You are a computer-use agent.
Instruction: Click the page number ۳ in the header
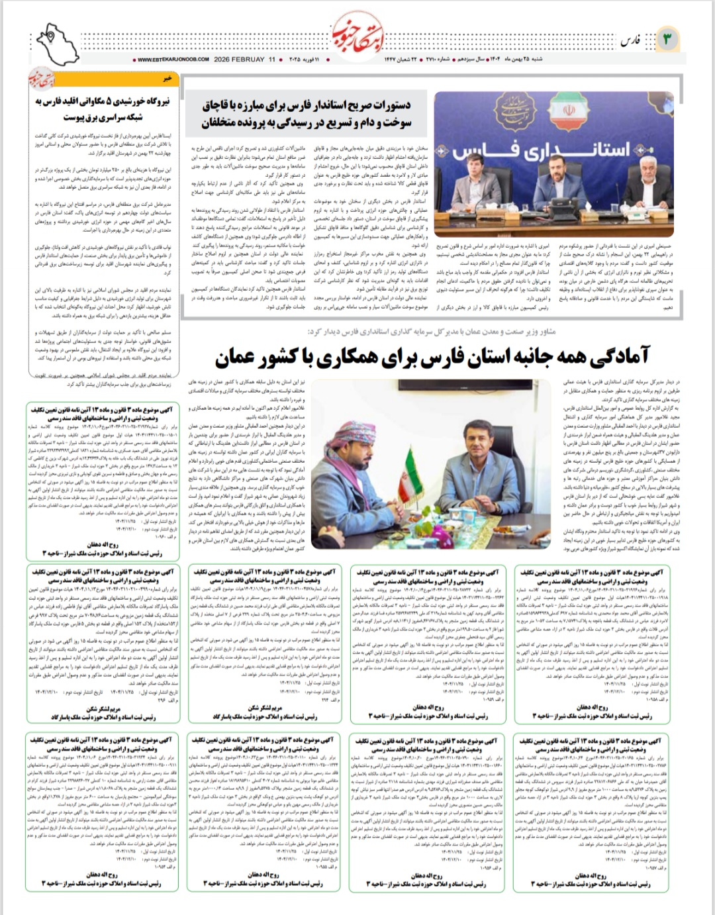[667, 40]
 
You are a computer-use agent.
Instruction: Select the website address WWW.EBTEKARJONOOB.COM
[173, 60]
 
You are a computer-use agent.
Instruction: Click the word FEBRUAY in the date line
[248, 60]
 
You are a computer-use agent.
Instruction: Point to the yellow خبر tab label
[168, 78]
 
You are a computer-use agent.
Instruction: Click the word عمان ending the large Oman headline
[234, 358]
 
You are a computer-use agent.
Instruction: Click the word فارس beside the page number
[631, 41]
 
